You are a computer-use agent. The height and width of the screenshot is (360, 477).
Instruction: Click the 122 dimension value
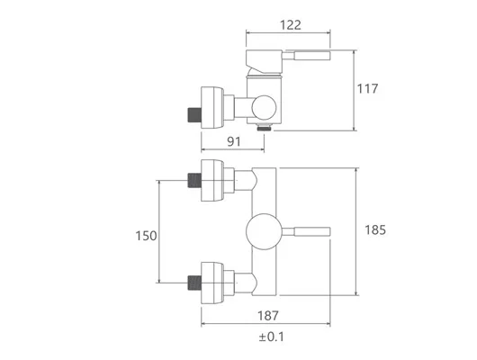click(290, 25)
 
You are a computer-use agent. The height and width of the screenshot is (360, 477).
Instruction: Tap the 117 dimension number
click(367, 88)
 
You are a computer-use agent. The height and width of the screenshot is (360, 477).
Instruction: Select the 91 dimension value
click(234, 141)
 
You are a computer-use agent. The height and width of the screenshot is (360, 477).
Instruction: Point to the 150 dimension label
click(146, 236)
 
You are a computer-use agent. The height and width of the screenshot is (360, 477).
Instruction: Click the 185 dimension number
click(375, 230)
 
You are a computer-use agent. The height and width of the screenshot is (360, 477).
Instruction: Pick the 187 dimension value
click(268, 316)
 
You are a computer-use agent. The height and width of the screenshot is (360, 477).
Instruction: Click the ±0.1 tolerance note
click(272, 337)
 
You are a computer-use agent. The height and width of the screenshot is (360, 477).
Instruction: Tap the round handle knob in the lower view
click(264, 231)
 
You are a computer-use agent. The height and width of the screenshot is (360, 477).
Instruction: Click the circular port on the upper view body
click(264, 108)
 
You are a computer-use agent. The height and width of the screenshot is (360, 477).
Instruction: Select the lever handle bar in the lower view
click(306, 231)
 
